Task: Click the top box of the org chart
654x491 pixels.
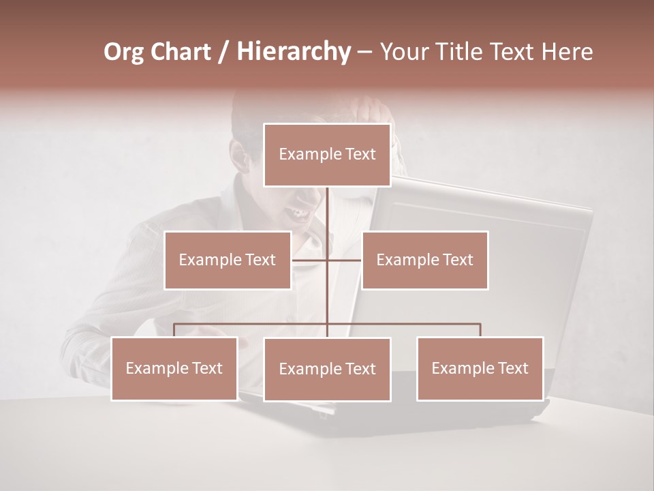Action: (x=327, y=155)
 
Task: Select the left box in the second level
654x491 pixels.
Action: (x=228, y=260)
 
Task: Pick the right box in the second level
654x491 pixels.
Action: (x=424, y=260)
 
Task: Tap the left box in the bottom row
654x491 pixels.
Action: (x=174, y=368)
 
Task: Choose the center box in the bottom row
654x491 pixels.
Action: (x=327, y=369)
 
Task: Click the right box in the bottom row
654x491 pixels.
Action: (x=480, y=368)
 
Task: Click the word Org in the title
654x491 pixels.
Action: (x=125, y=52)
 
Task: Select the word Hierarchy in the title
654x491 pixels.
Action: (x=293, y=52)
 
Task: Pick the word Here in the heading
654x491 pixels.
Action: (x=566, y=52)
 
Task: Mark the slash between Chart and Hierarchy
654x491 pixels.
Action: (x=223, y=52)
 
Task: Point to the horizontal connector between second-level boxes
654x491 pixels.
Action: (x=327, y=260)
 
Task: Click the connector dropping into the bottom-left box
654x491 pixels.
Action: (x=174, y=330)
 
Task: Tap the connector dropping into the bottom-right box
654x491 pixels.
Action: (x=480, y=330)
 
